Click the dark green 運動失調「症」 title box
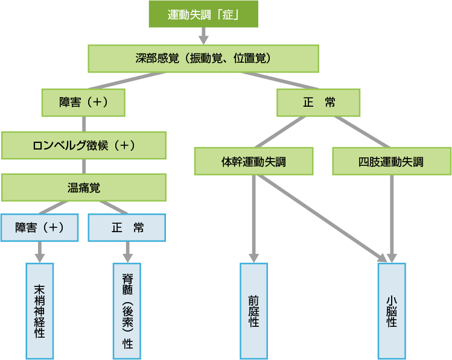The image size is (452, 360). [203, 14]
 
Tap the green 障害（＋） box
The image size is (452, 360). [83, 103]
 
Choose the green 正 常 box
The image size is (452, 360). [319, 103]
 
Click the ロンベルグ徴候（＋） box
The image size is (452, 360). [83, 145]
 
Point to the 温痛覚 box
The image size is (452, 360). [83, 188]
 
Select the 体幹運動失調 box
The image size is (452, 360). [253, 162]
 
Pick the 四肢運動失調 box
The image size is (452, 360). [391, 162]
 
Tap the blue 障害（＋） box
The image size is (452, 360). [40, 228]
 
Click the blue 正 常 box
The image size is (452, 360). [127, 228]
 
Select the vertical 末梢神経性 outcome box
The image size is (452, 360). [40, 311]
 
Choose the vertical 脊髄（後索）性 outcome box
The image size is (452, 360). [127, 311]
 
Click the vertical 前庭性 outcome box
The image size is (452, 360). [253, 311]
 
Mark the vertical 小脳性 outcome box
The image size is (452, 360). [391, 311]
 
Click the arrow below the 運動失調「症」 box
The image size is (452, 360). [203, 36]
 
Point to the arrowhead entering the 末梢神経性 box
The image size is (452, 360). [40, 255]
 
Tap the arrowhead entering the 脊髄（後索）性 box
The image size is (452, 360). [127, 255]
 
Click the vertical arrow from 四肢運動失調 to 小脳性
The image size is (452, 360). [392, 217]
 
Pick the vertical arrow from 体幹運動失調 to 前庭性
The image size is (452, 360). [253, 217]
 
